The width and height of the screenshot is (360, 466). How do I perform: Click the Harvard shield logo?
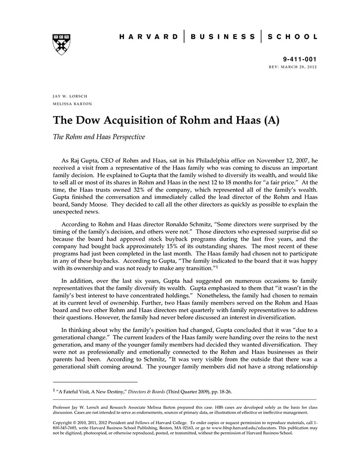(61, 44)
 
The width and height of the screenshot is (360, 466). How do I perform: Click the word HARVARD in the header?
(149, 37)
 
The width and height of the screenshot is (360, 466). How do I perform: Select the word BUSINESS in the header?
(223, 37)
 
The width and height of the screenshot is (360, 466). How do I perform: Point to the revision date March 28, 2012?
(297, 68)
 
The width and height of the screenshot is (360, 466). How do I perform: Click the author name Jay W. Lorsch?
(70, 97)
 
